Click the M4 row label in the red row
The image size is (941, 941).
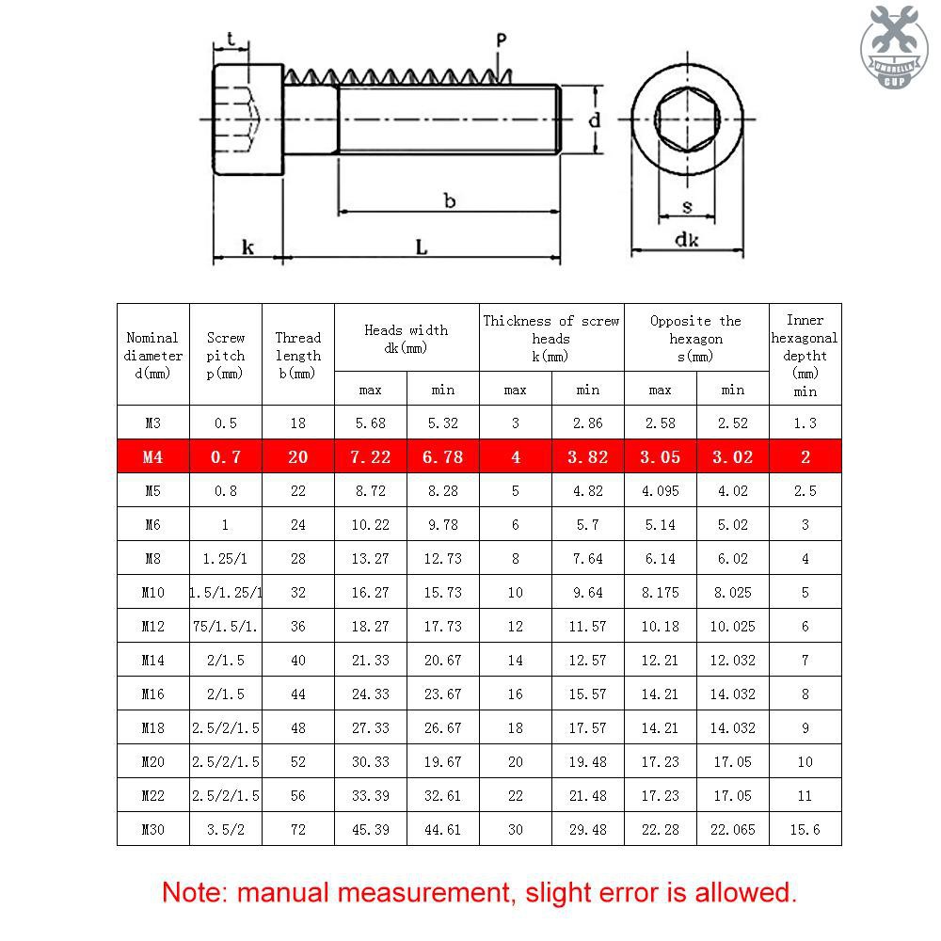[x=153, y=457]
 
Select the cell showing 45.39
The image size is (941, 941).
[x=371, y=829]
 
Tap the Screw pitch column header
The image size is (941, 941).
[x=226, y=355]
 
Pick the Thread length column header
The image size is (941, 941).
[x=298, y=355]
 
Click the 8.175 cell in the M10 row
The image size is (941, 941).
[x=660, y=592]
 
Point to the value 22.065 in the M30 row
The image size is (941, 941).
[x=732, y=829]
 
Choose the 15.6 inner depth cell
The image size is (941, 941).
[x=805, y=829]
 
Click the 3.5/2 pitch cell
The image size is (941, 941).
[x=226, y=829]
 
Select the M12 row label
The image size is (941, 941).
[x=153, y=626]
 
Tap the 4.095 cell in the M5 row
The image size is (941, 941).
[x=660, y=490]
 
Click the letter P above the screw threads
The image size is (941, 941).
[x=501, y=40]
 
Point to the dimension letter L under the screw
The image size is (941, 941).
[x=422, y=247]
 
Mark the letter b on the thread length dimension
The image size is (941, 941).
[x=450, y=199]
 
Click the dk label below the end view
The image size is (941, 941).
[x=687, y=240]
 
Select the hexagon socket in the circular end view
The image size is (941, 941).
[x=687, y=120]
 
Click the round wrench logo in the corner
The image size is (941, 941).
[x=894, y=45]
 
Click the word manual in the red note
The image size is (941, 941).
[x=283, y=892]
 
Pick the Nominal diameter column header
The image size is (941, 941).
[x=153, y=355]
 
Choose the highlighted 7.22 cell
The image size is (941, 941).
[x=371, y=457]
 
